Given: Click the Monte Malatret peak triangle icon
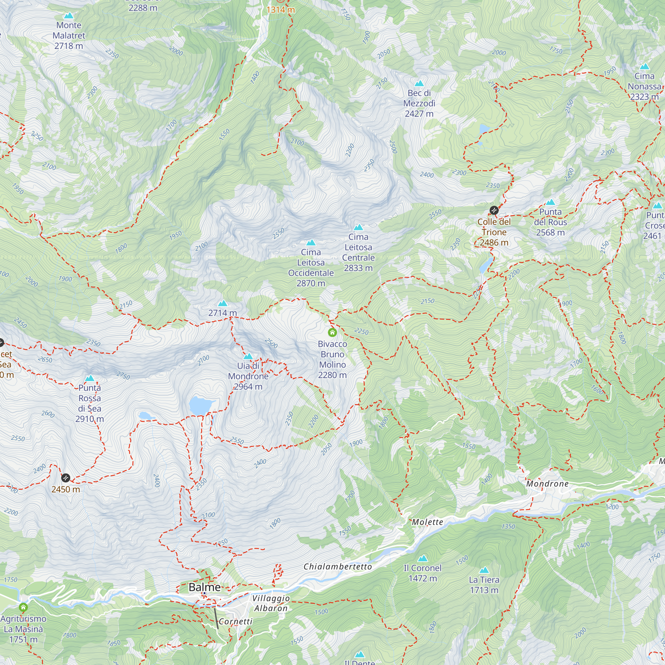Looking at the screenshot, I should [x=69, y=16].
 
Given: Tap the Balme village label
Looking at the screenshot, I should [x=204, y=587].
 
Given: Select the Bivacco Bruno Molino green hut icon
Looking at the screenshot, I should [x=332, y=332].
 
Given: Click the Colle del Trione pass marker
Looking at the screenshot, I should [x=494, y=210].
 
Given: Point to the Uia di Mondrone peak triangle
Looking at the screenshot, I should [x=248, y=356].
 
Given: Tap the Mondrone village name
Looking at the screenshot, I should [x=547, y=483].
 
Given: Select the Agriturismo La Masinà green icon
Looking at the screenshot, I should [x=23, y=607].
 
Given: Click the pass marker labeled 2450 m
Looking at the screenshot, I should [x=66, y=478].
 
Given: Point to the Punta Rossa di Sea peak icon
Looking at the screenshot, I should [x=89, y=378].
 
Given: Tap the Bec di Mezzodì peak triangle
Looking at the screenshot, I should [x=419, y=83].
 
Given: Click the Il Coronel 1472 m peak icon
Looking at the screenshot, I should [x=423, y=558].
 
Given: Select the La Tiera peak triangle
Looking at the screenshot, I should [x=484, y=570].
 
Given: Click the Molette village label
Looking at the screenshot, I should [x=428, y=522].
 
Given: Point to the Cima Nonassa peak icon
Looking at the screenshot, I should [x=644, y=66].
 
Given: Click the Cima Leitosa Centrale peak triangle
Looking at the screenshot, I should [x=358, y=227].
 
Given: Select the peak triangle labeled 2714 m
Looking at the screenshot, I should [x=223, y=303].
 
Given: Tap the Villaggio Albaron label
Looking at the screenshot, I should [x=271, y=603].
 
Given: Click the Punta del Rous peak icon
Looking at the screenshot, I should [x=550, y=202].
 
